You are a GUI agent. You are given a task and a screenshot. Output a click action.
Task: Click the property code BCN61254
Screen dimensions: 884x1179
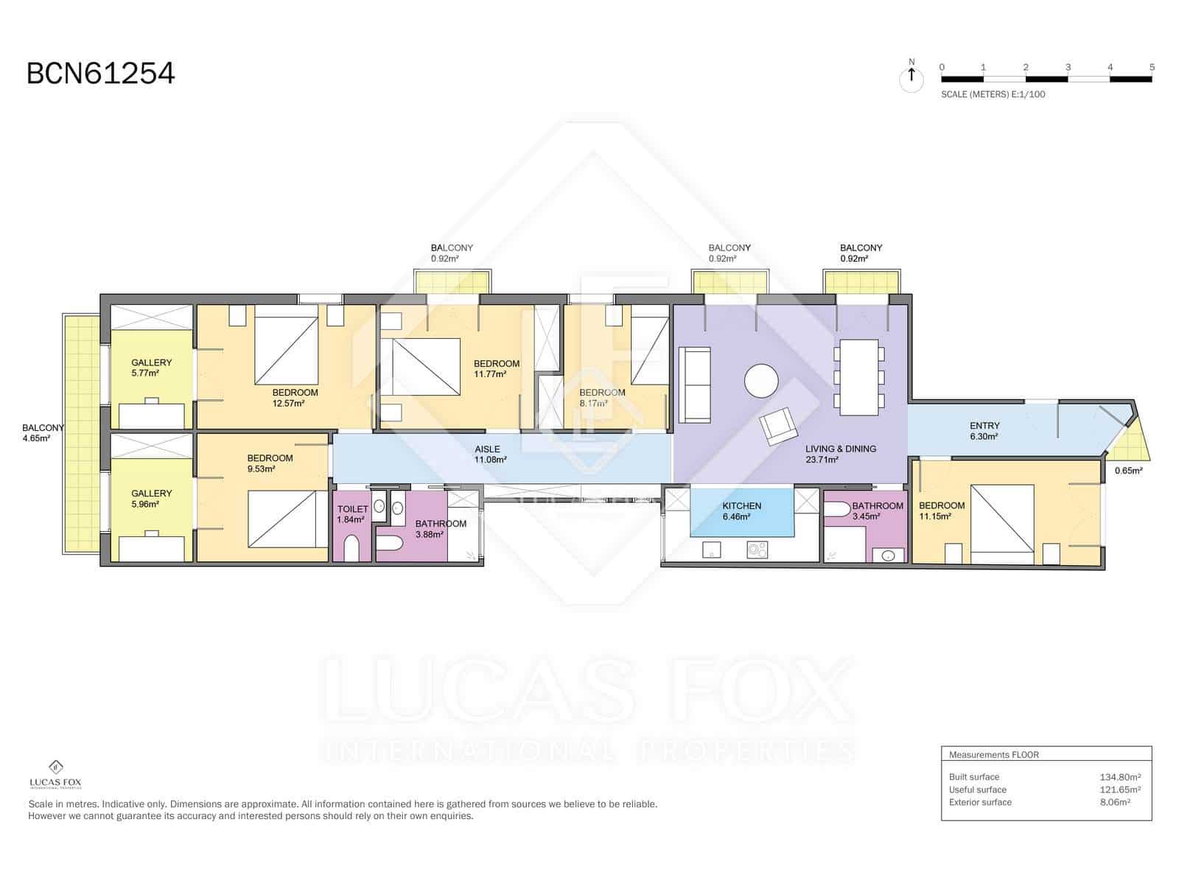(101, 74)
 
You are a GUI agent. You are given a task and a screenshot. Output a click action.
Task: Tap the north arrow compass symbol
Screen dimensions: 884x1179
(912, 77)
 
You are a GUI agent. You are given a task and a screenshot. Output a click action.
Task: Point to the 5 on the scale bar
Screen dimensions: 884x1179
(1152, 67)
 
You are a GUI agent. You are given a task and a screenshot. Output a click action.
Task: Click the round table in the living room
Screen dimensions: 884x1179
(761, 381)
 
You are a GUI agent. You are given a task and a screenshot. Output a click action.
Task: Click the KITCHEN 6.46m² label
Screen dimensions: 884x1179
(741, 511)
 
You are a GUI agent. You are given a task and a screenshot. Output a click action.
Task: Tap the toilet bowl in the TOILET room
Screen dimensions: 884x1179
(352, 549)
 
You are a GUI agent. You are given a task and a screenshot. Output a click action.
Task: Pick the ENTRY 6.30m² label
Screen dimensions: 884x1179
(984, 431)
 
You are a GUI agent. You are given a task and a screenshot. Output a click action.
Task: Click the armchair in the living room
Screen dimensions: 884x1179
(779, 426)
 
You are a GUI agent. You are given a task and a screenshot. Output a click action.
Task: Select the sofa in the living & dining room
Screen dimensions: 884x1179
(693, 385)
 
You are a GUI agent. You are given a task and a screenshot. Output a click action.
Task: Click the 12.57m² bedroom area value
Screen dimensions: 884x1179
(289, 403)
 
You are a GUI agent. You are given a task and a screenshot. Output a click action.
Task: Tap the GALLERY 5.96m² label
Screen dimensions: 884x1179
(151, 499)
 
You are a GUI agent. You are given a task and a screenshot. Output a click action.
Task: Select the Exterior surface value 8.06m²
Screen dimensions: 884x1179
(1115, 802)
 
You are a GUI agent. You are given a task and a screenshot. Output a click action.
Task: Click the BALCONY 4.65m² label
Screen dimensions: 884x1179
(42, 433)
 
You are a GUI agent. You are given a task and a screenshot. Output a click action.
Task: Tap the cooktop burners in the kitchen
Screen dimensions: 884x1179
(758, 549)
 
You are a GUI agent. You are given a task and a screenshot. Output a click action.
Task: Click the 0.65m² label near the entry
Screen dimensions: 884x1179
(1128, 470)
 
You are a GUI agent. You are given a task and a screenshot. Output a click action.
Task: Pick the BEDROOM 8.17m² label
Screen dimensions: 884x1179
(602, 398)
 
